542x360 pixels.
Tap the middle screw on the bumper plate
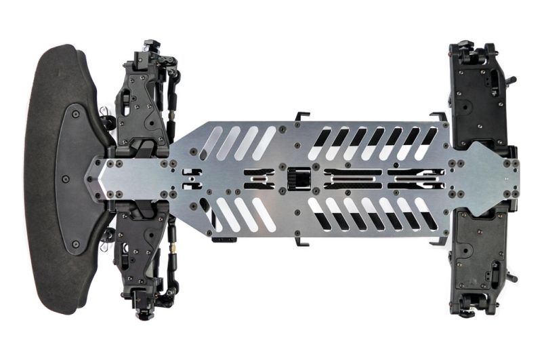[65, 179]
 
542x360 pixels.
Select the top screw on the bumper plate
[75, 114]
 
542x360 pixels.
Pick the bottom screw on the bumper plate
[75, 244]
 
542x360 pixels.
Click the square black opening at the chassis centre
[298, 179]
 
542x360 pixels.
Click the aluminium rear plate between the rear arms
[484, 179]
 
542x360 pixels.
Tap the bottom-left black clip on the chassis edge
[302, 243]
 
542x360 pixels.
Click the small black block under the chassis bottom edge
[224, 239]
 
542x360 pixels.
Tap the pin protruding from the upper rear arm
[509, 80]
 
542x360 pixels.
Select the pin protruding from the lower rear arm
[509, 278]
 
